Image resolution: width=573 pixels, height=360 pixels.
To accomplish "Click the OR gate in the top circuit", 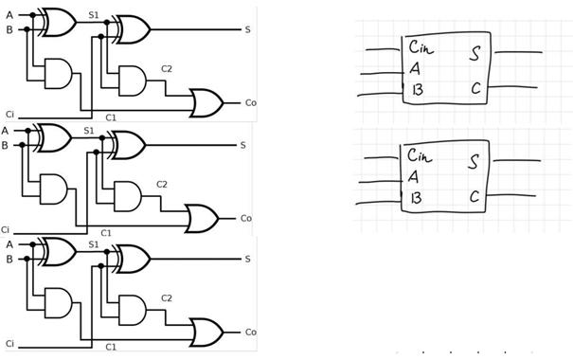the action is pos(206,102).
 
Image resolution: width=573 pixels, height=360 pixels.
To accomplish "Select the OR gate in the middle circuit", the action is pos(202,219).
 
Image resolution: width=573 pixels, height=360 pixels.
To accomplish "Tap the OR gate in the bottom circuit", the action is pos(206,333).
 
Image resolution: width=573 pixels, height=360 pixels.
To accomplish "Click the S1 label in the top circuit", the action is pos(94,15).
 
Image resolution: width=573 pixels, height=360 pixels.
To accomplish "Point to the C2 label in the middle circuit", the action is pos(162,184).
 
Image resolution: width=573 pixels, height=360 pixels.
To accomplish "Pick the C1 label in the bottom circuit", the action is pos(111,347).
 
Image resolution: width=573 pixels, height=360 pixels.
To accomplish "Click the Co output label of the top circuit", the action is pos(251,102).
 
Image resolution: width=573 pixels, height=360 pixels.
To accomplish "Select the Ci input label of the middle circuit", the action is pos(5,230).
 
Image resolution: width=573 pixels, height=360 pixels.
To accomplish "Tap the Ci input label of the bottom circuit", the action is pos(9,344).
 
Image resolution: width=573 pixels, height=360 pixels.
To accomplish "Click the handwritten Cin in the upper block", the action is pos(421,47).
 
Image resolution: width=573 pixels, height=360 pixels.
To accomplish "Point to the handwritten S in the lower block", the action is pos(474,162).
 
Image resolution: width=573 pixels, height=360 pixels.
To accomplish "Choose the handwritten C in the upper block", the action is pos(475,88).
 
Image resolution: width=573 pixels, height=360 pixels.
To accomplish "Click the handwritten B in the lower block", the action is pos(416,198).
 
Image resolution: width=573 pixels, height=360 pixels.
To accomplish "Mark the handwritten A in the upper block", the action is pos(415,68).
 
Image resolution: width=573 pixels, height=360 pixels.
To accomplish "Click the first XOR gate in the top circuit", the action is pos(58,23).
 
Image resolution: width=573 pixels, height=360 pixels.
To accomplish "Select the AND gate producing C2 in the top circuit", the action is pos(133,81).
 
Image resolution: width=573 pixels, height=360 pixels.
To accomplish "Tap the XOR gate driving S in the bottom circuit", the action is pos(132,260).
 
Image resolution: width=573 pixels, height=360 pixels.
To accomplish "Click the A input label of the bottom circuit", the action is pos(9,244).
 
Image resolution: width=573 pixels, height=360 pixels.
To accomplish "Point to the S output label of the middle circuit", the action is pos(243,146).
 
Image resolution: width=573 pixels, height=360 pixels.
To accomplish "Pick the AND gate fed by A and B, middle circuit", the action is pos(54,189).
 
